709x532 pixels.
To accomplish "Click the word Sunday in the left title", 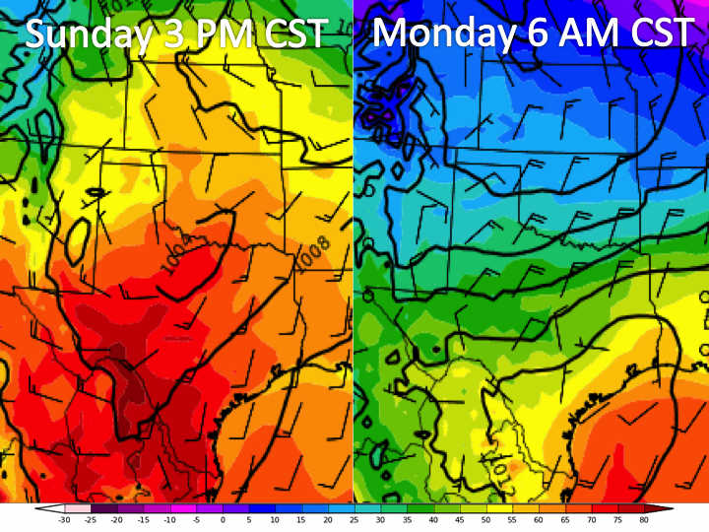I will pos(85,35).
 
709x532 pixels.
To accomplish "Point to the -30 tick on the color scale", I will pos(64,519).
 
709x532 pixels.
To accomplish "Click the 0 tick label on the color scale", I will pos(223,519).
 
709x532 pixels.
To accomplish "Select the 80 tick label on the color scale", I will pos(643,519).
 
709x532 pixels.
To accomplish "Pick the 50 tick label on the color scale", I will pos(485,519).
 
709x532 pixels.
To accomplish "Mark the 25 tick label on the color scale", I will pos(354,519).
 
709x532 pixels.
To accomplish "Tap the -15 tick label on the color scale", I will pos(143,519).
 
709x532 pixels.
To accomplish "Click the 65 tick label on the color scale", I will pos(564,519).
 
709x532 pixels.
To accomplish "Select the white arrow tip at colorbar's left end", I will pos(41,508).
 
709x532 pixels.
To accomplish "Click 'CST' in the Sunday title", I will pos(292,34).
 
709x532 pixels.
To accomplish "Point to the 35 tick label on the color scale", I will pos(407,519).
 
